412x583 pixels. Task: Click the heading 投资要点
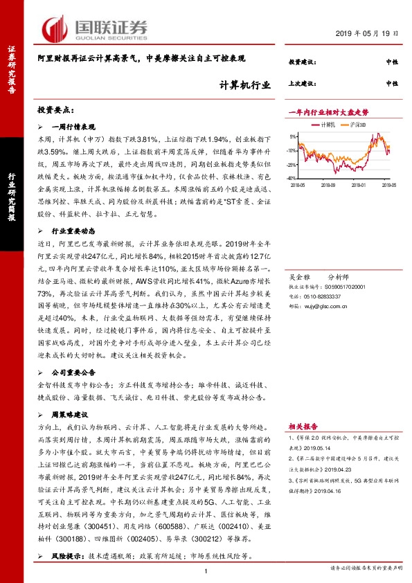(55, 111)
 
